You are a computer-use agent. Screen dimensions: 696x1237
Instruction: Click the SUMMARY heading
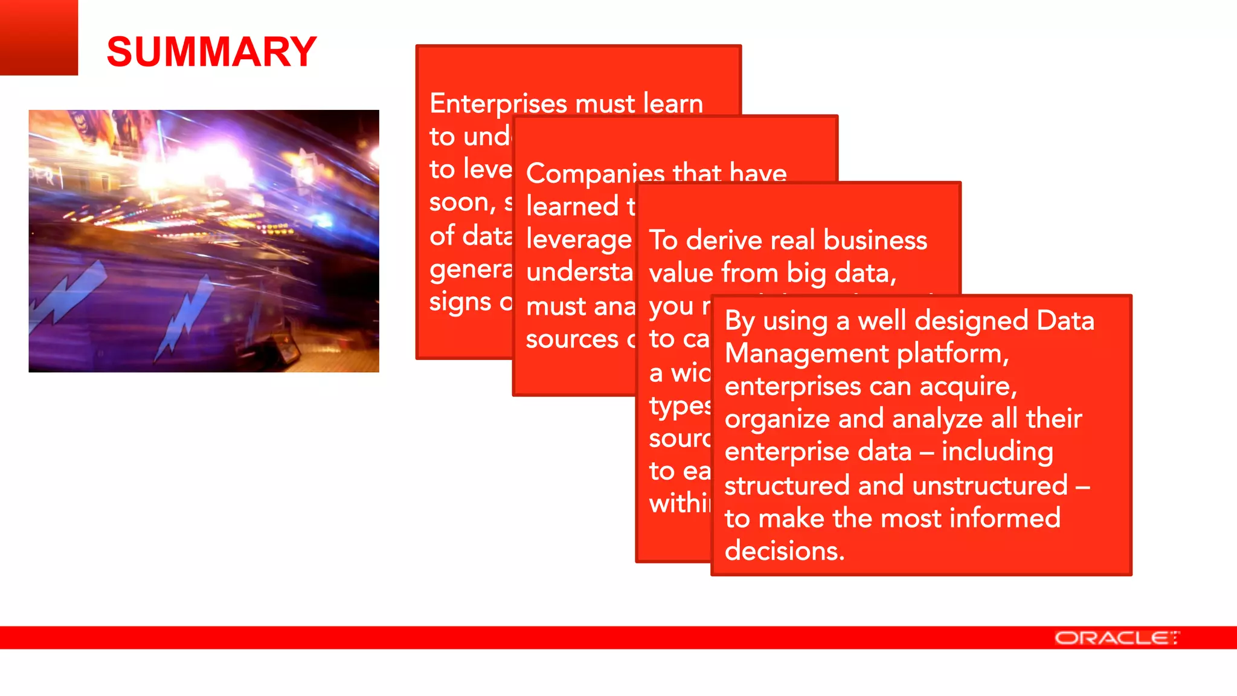click(211, 52)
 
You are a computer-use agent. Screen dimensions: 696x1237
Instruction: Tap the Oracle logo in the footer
click(1116, 638)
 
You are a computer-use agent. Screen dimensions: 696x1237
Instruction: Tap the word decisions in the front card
click(783, 551)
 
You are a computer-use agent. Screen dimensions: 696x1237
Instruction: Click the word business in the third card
click(875, 240)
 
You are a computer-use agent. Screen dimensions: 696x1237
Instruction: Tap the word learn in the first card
click(673, 104)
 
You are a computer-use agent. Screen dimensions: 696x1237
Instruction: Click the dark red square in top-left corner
click(39, 37)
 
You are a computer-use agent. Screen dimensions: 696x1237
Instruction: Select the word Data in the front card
click(1065, 321)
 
